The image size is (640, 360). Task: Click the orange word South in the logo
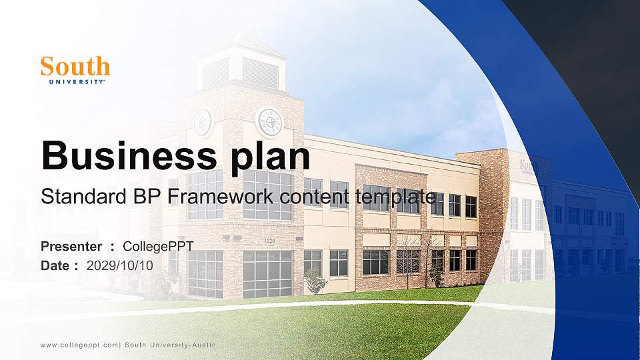[75, 66]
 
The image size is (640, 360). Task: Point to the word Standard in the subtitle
[77, 197]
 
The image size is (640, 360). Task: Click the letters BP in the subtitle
[134, 197]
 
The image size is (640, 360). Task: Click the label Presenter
[71, 247]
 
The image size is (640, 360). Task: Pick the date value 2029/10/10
[120, 265]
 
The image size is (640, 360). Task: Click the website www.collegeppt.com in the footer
[80, 345]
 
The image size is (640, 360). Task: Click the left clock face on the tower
[203, 121]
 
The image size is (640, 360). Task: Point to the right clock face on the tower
[269, 121]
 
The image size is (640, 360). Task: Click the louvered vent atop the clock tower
[259, 72]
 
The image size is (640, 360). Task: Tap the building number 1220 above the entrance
[270, 240]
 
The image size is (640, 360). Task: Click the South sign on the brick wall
[529, 165]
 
